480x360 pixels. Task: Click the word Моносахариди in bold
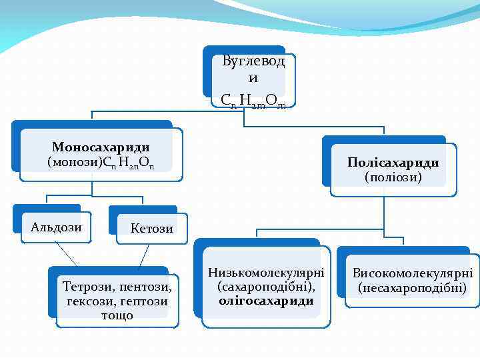point(101,147)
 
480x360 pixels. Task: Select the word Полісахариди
point(393,163)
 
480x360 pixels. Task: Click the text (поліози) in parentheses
point(393,177)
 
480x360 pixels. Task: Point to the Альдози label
point(57,227)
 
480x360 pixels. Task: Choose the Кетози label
point(152,229)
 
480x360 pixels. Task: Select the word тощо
point(117,315)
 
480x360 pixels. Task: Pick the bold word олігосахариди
point(266,301)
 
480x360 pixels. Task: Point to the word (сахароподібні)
point(266,287)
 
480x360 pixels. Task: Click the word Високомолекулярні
point(413,273)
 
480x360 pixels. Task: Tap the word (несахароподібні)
point(413,288)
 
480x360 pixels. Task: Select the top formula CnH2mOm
point(253,100)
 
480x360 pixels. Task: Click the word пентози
point(143,287)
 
